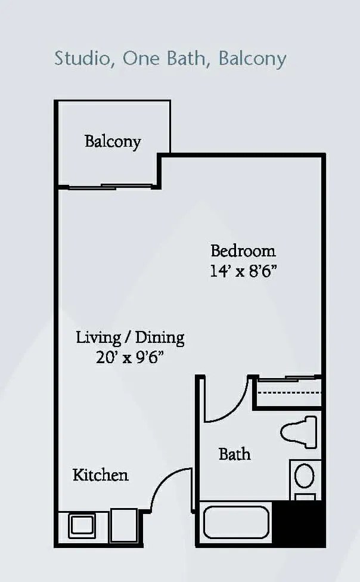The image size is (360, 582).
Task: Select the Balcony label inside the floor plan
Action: (113, 142)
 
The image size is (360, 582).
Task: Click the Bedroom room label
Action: (243, 251)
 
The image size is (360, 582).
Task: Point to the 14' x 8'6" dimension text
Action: (243, 271)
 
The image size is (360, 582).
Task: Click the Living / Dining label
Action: (130, 338)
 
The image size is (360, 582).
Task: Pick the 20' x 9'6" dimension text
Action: (130, 357)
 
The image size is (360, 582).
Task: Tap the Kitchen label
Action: (101, 475)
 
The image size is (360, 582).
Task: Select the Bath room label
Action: (235, 454)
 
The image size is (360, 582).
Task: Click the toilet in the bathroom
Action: (299, 432)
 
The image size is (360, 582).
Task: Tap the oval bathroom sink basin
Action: (305, 476)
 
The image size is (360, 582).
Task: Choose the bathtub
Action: (237, 522)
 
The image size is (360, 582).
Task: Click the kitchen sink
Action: (82, 525)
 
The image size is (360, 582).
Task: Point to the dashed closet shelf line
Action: (289, 392)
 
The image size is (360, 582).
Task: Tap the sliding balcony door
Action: (110, 187)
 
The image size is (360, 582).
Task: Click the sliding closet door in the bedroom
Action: (289, 379)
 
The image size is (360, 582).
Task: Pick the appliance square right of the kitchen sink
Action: (124, 525)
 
